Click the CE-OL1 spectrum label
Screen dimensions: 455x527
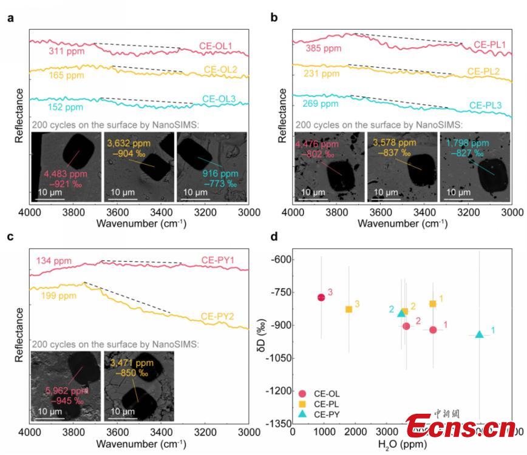[216, 45]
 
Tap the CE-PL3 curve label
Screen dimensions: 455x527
[485, 106]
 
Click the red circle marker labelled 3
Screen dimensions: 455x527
[321, 297]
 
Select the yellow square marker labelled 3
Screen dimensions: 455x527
[349, 309]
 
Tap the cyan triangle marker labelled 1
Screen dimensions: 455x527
[480, 334]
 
